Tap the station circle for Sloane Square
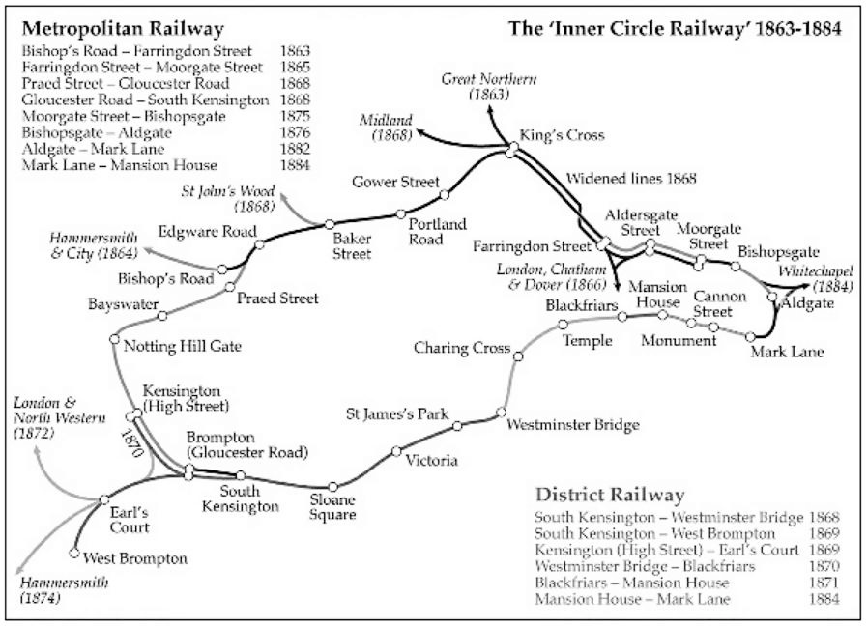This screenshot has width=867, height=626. (332, 488)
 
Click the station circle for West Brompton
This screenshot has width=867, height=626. (74, 554)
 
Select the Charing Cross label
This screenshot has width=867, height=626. (461, 348)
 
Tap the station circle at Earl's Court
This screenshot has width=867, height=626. (103, 499)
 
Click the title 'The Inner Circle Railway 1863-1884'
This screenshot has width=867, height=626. (675, 28)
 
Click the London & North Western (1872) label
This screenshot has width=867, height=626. (44, 417)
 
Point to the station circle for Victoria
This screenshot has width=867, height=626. (396, 450)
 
